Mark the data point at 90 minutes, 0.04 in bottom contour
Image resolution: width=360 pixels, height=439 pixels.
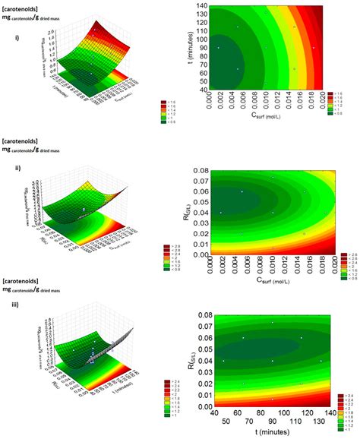(x=273, y=361)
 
